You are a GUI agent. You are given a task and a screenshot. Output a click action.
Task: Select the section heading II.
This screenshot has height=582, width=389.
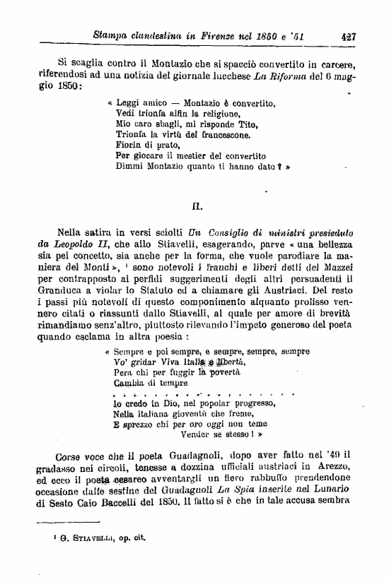(x=198, y=206)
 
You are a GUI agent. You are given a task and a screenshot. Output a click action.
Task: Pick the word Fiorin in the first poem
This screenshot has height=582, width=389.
(x=127, y=144)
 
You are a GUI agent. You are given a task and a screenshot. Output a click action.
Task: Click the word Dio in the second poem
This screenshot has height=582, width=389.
(x=156, y=403)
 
